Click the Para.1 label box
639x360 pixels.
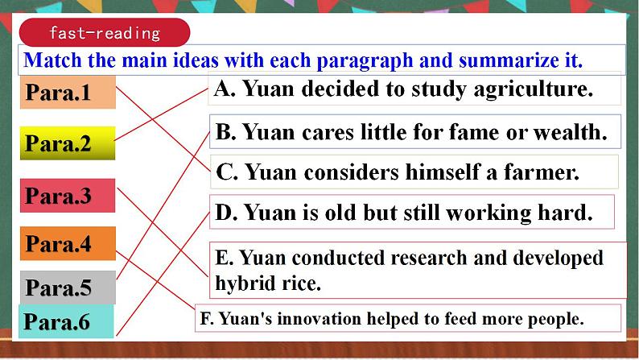pyautogui.click(x=68, y=93)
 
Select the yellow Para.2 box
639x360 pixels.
pyautogui.click(x=68, y=143)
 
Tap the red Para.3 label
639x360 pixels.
pyautogui.click(x=68, y=196)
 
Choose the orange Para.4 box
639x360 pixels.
pyautogui.click(x=68, y=243)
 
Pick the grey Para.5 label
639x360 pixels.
pyautogui.click(x=68, y=288)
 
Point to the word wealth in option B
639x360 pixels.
pyautogui.click(x=575, y=132)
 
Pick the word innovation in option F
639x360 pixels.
pyautogui.click(x=309, y=318)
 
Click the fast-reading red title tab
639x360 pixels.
pyautogui.click(x=105, y=33)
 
